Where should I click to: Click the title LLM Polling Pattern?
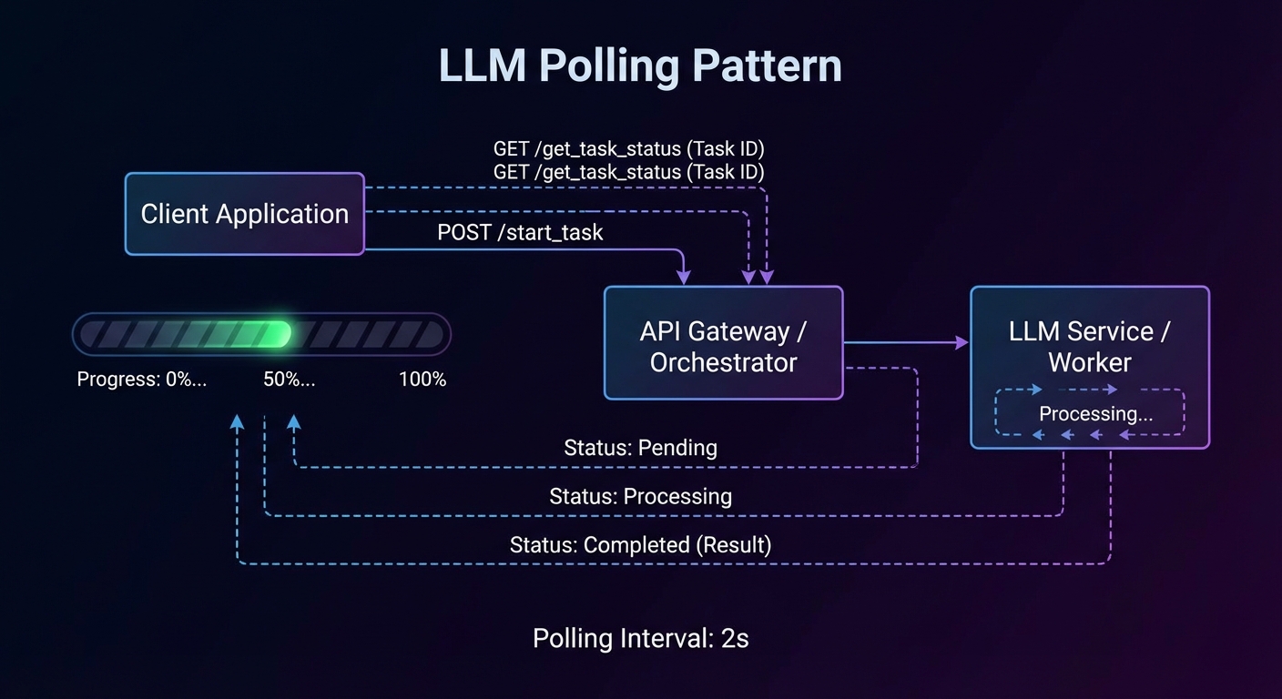coord(640,66)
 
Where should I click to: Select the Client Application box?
coord(244,214)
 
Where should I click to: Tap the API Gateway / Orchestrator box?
coord(723,343)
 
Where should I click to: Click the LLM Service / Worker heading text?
coord(1089,346)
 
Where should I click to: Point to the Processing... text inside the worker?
coord(1095,413)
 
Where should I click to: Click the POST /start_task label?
coord(520,232)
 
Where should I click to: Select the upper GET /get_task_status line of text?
coord(628,148)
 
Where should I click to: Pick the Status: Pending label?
coord(640,448)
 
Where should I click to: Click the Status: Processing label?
coord(640,496)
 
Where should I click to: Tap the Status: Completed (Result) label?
coord(640,544)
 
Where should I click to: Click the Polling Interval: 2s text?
coord(640,638)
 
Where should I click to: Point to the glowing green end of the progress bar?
coord(278,334)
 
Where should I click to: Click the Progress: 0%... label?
coord(141,380)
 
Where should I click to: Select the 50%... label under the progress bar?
coord(289,380)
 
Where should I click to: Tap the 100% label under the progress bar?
coord(422,380)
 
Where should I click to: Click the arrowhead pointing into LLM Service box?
coord(961,342)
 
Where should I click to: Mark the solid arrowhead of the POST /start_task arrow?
coord(684,277)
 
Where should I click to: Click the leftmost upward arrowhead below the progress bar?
coord(237,421)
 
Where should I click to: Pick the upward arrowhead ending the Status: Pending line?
coord(293,421)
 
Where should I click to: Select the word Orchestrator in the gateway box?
coord(723,362)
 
